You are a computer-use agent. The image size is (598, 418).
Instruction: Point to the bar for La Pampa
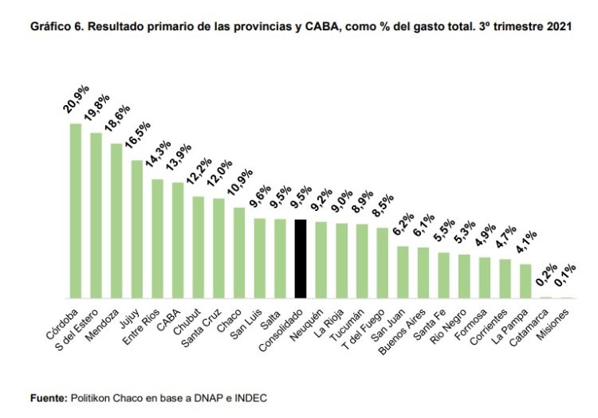(525, 281)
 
